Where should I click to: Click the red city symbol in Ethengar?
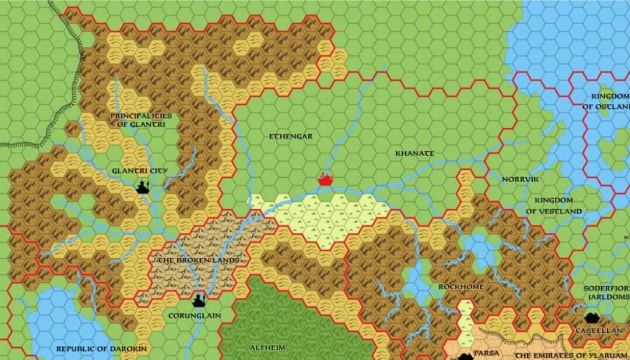point(325,180)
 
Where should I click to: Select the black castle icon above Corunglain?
point(199,300)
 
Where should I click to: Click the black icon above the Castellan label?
point(593,318)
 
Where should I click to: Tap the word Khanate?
point(415,153)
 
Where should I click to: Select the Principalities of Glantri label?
point(142,119)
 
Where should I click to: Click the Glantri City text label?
point(140,170)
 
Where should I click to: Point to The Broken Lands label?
point(199,260)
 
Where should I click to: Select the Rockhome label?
point(461,287)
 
